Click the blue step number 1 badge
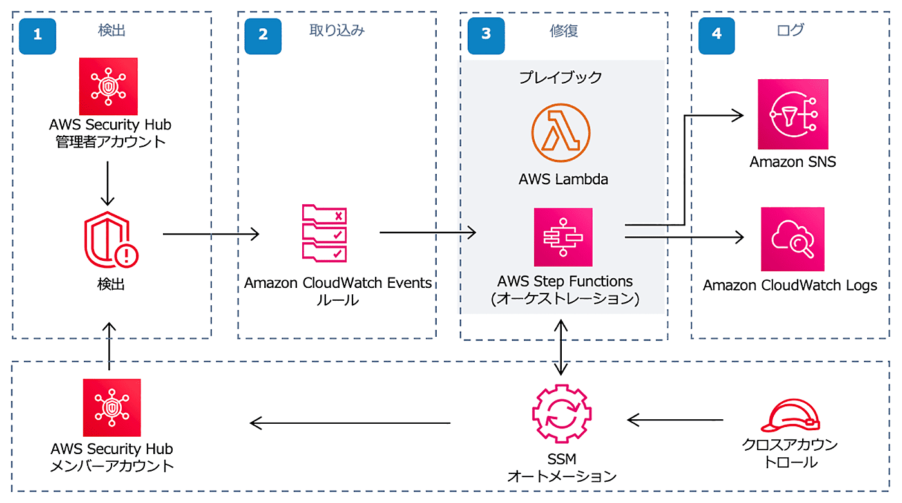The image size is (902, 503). [37, 36]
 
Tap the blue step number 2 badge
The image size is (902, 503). [263, 36]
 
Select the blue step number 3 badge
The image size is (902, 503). [486, 36]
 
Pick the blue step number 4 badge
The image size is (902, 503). [716, 36]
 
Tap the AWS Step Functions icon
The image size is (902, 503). [563, 237]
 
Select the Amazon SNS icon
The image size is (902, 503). [793, 114]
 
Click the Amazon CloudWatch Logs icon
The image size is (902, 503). [792, 239]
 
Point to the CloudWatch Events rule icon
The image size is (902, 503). [325, 233]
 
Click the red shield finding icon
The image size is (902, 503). [111, 240]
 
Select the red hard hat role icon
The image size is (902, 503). [790, 415]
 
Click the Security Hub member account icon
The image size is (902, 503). [112, 408]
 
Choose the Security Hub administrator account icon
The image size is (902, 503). [108, 86]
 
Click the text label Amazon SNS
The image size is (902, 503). [792, 162]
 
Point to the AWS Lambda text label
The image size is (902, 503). [563, 179]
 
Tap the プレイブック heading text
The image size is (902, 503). [561, 77]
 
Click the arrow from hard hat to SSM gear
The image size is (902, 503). [675, 420]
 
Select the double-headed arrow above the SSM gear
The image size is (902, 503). [561, 347]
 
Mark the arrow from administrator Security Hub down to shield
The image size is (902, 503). [108, 184]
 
